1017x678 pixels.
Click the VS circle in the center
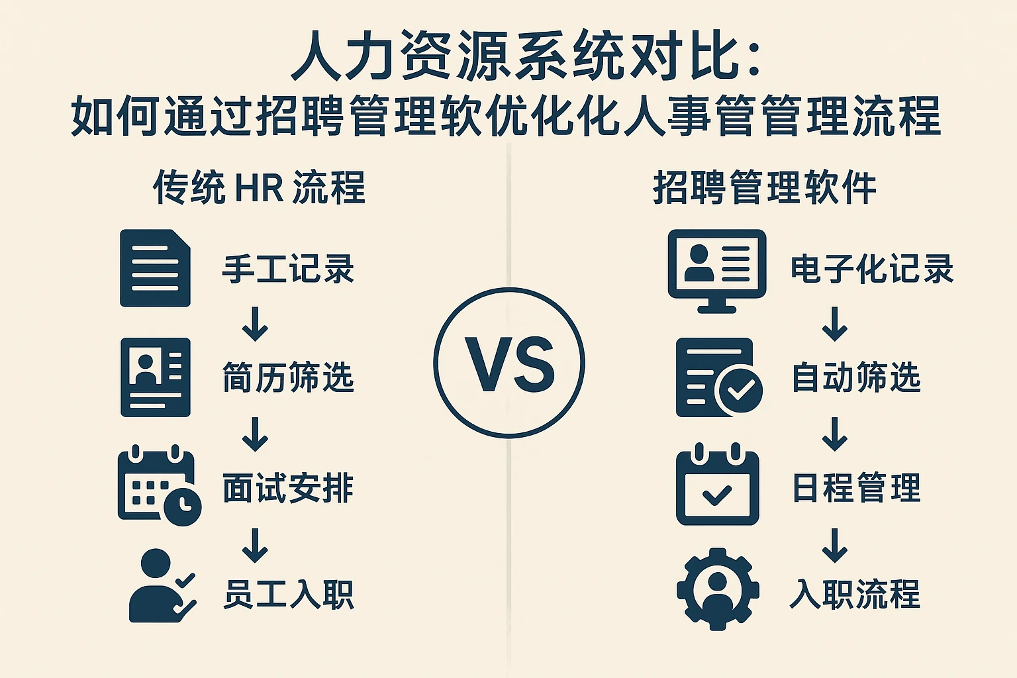(509, 362)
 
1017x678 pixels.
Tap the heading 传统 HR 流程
(259, 187)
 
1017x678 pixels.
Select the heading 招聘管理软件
(765, 187)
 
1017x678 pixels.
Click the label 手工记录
(288, 269)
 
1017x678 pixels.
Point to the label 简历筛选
(288, 378)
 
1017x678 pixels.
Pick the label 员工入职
(288, 594)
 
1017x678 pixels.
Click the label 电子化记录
(872, 269)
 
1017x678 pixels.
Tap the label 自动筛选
(856, 378)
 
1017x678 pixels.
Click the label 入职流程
(855, 594)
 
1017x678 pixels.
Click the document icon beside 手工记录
(155, 268)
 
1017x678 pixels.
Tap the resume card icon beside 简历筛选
(156, 377)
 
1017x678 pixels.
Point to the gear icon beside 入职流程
(718, 589)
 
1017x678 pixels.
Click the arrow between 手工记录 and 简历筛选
(255, 324)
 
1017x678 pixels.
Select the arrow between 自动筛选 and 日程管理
(834, 434)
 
